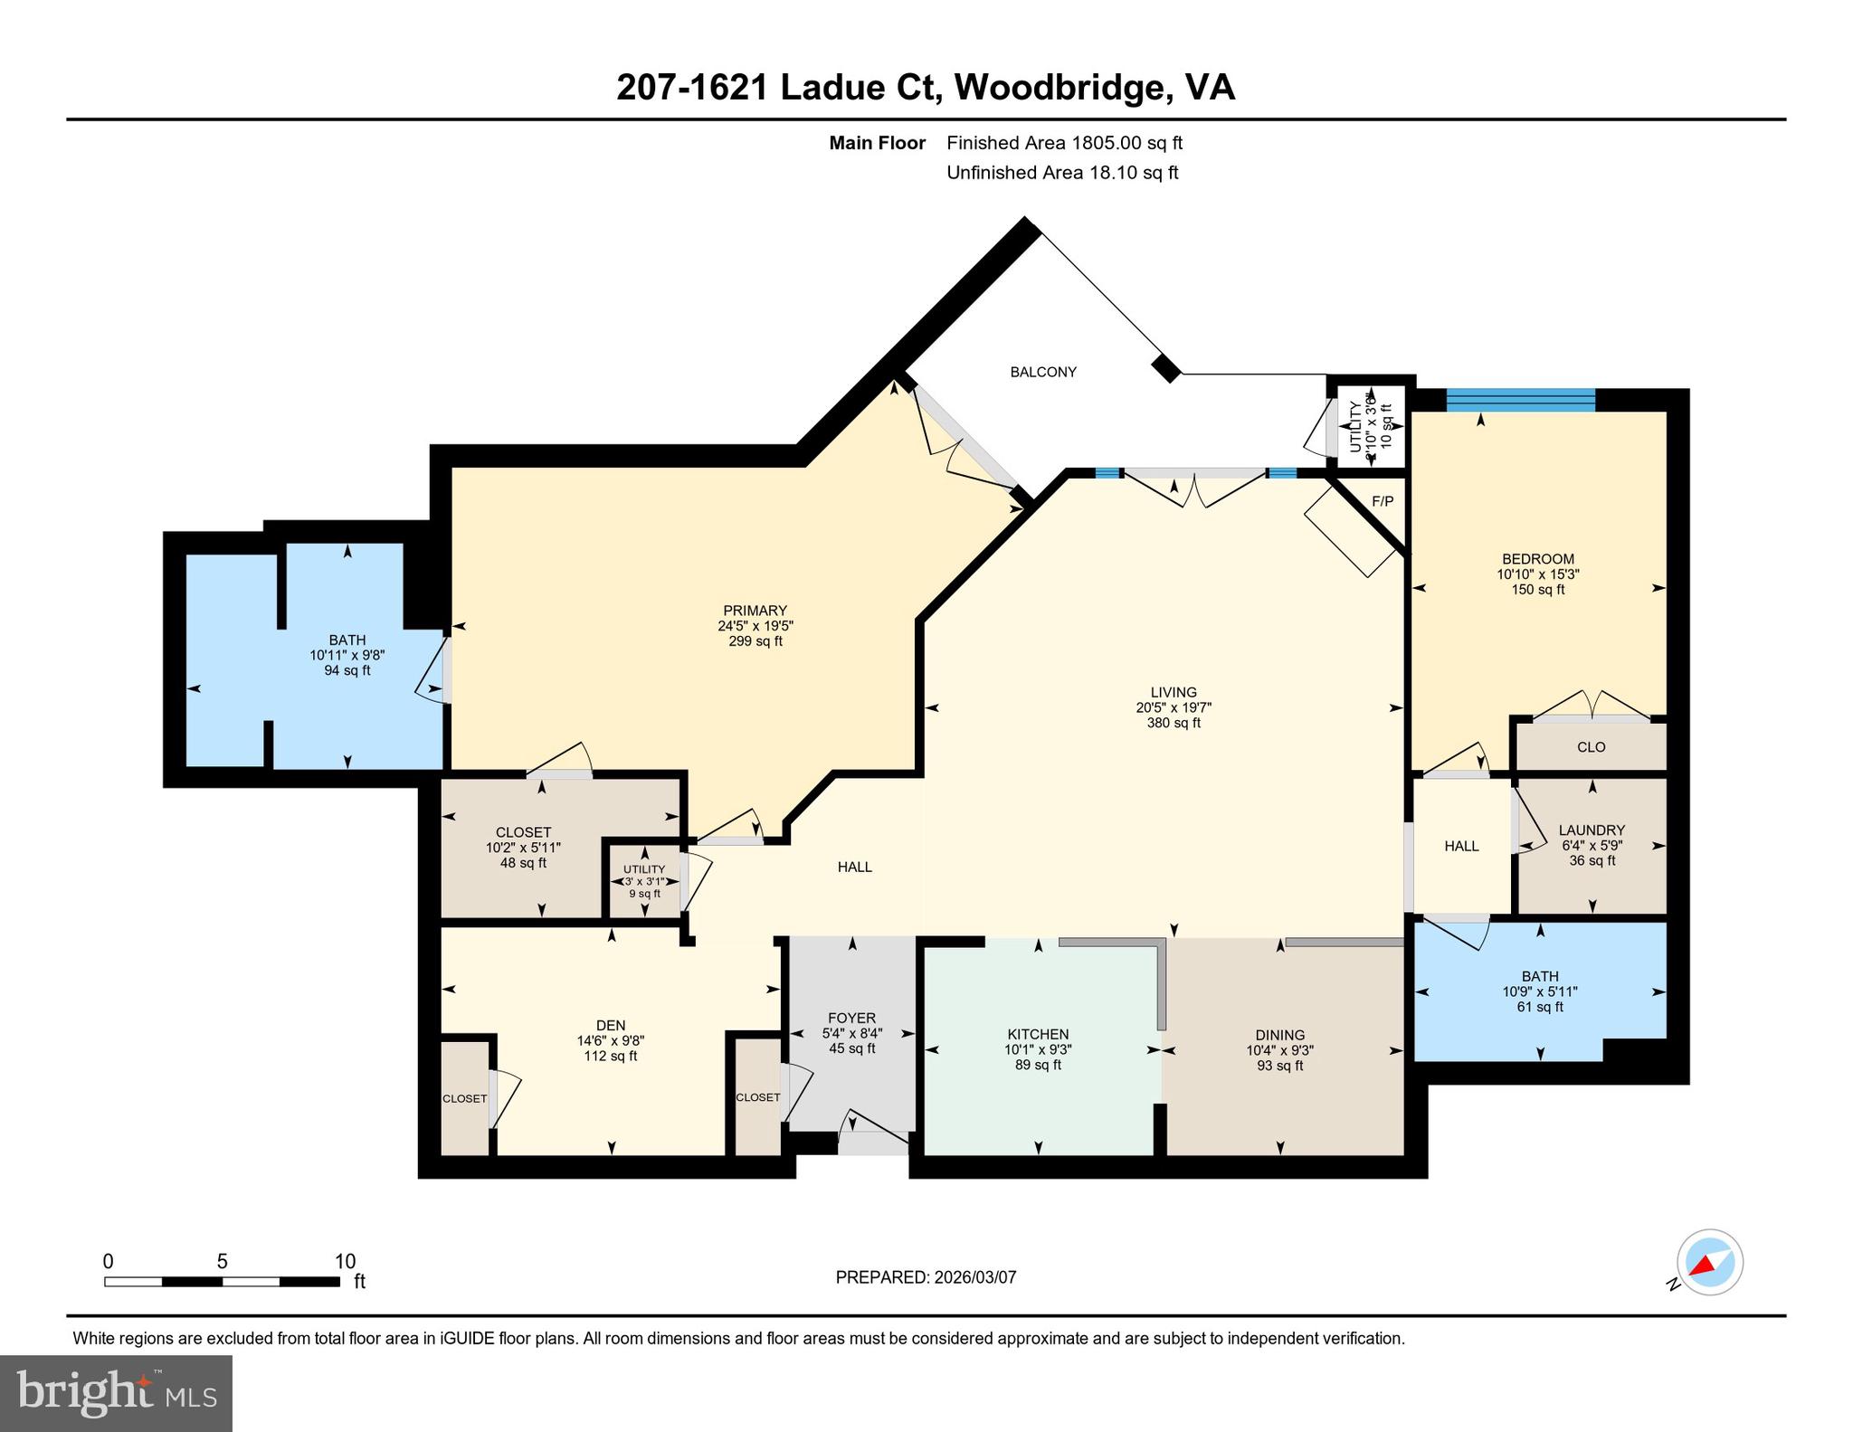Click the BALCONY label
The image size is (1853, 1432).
(1043, 372)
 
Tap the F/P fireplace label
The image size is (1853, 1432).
(1382, 501)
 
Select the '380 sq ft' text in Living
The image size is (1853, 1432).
(1174, 723)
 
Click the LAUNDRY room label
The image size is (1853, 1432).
(1592, 830)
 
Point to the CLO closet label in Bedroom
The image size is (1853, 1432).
(1591, 747)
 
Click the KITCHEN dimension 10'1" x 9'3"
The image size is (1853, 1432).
(1038, 1049)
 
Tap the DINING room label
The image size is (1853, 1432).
(1279, 1035)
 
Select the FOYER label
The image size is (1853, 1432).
(850, 1018)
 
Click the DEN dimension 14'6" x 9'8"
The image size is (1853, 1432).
(611, 1040)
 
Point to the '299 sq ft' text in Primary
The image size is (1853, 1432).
(755, 641)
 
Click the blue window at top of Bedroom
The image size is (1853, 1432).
(1520, 400)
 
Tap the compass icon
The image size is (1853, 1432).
(1709, 1263)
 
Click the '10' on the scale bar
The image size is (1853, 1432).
(345, 1261)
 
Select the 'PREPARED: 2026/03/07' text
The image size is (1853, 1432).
(926, 1277)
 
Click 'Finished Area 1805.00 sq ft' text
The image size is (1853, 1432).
(1064, 143)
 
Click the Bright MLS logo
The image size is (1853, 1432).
(116, 1393)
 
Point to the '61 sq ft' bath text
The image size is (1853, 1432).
(1539, 1007)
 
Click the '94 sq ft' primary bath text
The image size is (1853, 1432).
(347, 670)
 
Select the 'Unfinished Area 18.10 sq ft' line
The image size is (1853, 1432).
(1062, 173)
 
